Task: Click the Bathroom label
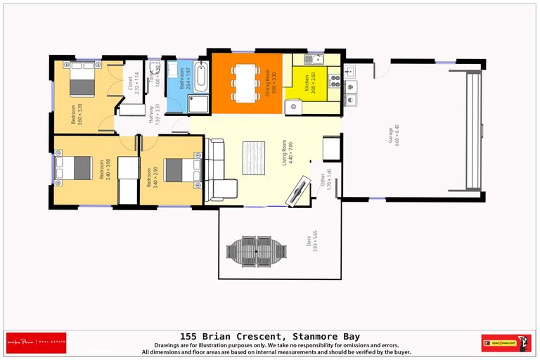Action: (x=182, y=77)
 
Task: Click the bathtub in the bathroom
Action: (x=200, y=77)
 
